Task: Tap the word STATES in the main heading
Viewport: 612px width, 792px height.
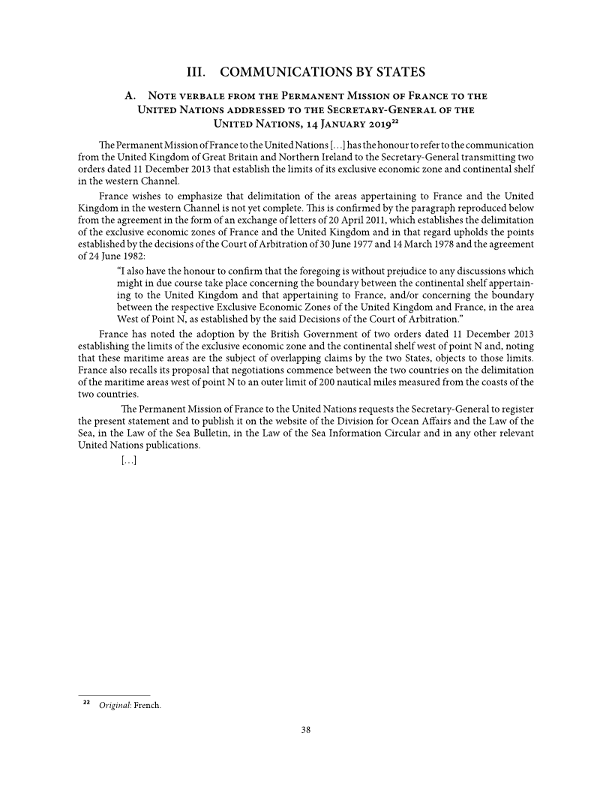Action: pos(395,73)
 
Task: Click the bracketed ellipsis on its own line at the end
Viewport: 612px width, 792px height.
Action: pos(127,459)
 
